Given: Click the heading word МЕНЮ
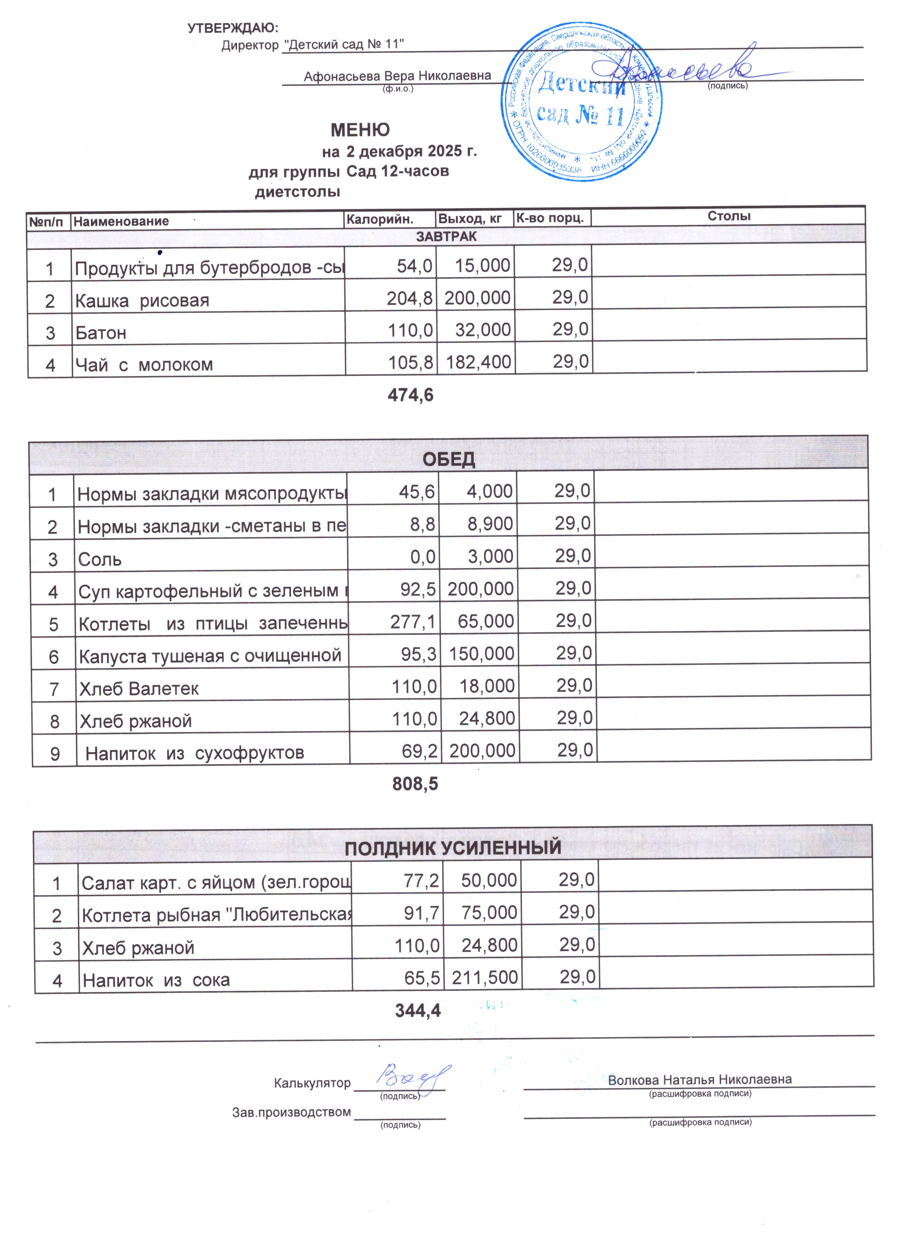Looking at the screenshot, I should point(360,130).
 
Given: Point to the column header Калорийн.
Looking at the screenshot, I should point(379,218).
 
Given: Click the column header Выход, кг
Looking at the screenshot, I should point(470,218).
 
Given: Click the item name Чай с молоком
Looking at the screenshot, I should point(144,365).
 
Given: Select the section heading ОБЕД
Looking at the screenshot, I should point(448,459).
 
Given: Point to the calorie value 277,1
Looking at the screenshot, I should point(412,622).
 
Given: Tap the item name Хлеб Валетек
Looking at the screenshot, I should point(139,689).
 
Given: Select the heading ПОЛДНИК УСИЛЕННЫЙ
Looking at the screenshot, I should point(453,848).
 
